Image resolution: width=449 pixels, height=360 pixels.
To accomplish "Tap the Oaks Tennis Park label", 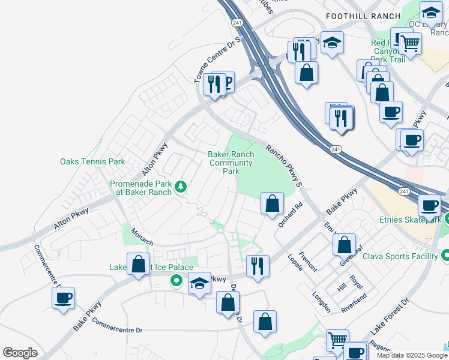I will tap(92, 161).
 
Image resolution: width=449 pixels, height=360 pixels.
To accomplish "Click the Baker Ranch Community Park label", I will tap(231, 163).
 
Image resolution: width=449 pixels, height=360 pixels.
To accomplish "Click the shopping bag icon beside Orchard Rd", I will tap(273, 203).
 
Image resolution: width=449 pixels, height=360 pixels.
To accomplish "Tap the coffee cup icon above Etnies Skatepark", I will tap(430, 206).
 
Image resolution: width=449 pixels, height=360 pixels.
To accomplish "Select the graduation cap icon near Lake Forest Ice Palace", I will tap(199, 284).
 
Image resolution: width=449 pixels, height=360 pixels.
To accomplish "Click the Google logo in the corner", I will tap(20, 353).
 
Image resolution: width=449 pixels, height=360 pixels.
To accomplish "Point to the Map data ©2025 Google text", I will tap(412, 355).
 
